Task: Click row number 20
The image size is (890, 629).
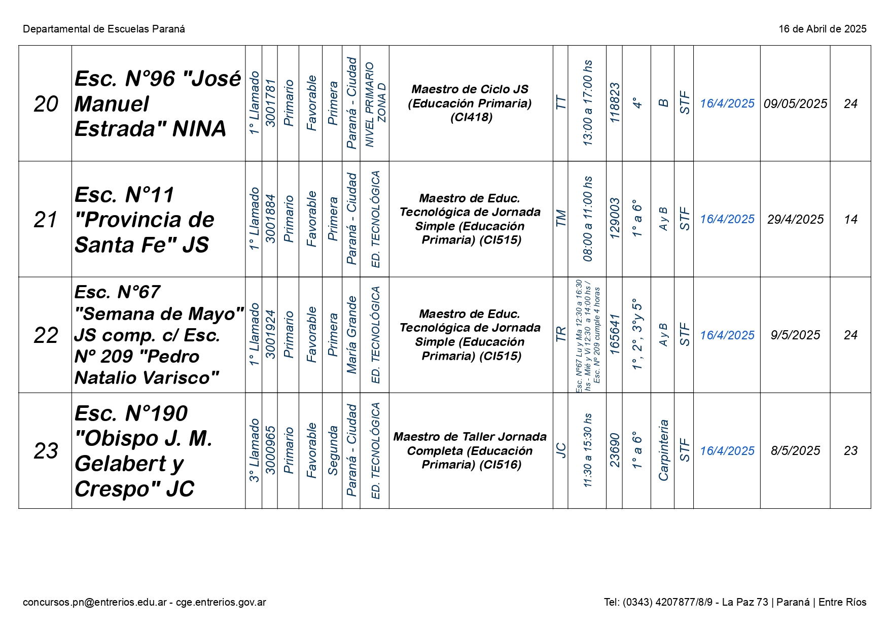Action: [x=46, y=104]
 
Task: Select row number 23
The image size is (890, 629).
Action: [x=46, y=451]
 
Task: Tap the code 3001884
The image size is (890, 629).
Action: [x=270, y=219]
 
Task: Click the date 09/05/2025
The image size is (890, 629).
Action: [x=795, y=104]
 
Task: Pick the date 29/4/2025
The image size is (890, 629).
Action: [x=795, y=220]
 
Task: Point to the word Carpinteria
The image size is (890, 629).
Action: [x=663, y=450]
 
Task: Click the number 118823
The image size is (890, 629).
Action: [x=614, y=103]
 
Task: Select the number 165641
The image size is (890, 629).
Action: [x=614, y=335]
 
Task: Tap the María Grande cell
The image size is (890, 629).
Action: [x=351, y=335]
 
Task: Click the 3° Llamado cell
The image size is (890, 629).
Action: [x=254, y=450]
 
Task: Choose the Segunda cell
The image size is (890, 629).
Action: [x=332, y=450]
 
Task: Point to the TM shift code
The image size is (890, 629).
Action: [x=560, y=219]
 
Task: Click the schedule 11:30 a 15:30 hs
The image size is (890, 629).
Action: [x=587, y=450]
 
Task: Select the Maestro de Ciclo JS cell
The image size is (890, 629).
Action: [x=470, y=103]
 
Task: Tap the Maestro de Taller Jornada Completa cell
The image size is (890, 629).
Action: [x=470, y=450]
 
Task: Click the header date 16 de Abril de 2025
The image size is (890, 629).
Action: [x=822, y=29]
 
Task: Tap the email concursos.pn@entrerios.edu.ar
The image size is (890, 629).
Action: [x=95, y=602]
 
